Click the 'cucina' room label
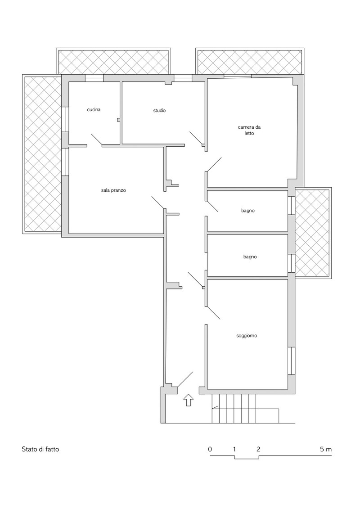coord(94,109)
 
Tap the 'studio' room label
coord(159,110)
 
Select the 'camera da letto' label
coord(249,130)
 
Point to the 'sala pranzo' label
coord(113,190)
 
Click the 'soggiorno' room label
coord(247,336)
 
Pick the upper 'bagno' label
coord(247,211)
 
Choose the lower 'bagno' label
coord(250,257)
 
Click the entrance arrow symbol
coord(189,400)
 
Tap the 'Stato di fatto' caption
coord(40,450)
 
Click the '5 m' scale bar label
coord(326,450)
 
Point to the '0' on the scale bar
coord(210,450)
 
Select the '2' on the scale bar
coord(258,450)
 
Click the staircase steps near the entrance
coord(233,408)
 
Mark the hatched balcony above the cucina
coord(113,61)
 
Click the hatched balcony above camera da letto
coord(250,61)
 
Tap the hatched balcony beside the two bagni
coord(313,232)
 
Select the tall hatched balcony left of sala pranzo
coord(42,154)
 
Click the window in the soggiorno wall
coord(292,361)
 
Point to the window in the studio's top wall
coord(183,78)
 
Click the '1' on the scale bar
coord(234,450)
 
